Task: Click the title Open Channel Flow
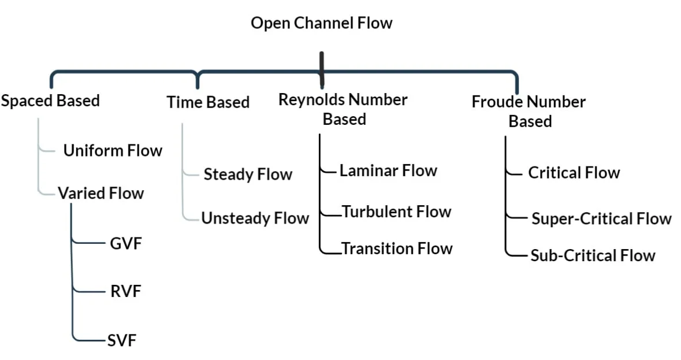(x=321, y=23)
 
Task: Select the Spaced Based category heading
(x=50, y=101)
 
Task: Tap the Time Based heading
(x=208, y=102)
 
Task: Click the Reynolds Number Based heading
(x=343, y=109)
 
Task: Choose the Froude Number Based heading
(x=529, y=111)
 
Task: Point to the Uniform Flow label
(x=113, y=151)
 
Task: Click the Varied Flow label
(x=101, y=192)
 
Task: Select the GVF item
(x=126, y=243)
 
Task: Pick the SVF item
(x=122, y=340)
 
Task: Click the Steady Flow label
(x=248, y=175)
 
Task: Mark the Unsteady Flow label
(x=255, y=218)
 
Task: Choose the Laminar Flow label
(x=388, y=170)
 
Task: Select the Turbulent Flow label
(x=396, y=211)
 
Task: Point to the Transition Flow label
(x=397, y=248)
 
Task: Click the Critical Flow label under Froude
(x=574, y=172)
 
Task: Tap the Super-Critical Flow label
(x=601, y=218)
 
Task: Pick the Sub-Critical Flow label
(x=593, y=255)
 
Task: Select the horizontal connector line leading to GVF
(x=90, y=243)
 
